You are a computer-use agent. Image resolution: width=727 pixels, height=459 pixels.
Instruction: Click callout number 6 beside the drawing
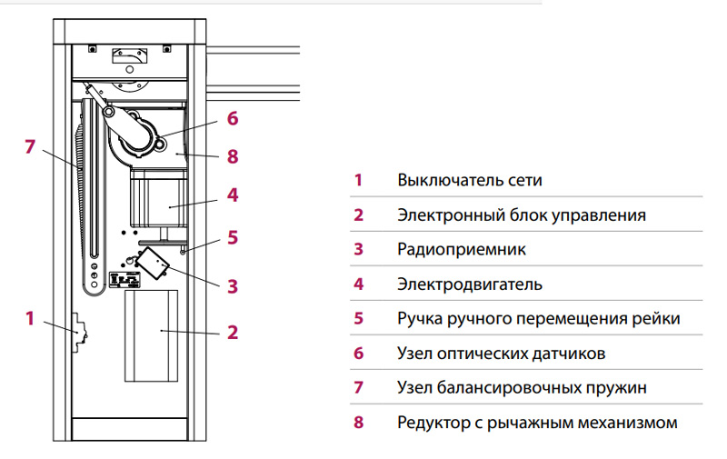pyautogui.click(x=233, y=118)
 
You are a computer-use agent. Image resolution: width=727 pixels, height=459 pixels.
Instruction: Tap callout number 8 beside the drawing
pyautogui.click(x=233, y=156)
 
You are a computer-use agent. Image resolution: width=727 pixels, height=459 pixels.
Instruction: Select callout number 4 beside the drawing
pyautogui.click(x=233, y=195)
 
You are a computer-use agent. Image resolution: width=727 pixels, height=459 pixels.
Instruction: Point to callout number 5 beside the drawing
pyautogui.click(x=233, y=237)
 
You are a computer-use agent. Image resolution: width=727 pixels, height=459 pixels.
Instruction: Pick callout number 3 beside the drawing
pyautogui.click(x=233, y=286)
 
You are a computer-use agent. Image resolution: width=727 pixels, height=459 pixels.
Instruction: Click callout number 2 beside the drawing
pyautogui.click(x=233, y=332)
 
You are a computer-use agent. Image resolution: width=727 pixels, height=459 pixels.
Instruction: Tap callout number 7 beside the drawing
pyautogui.click(x=30, y=146)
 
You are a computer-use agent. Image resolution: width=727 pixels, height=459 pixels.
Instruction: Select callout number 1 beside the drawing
pyautogui.click(x=30, y=318)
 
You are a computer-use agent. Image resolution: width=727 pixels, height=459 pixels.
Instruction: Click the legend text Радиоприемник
pyautogui.click(x=462, y=249)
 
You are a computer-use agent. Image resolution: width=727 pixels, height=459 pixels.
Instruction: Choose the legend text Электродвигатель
pyautogui.click(x=470, y=284)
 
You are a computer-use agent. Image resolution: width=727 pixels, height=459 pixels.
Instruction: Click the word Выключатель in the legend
pyautogui.click(x=448, y=180)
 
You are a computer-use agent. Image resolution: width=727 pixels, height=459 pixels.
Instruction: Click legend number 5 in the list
pyautogui.click(x=358, y=318)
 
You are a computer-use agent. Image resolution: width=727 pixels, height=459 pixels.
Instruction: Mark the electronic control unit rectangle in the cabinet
pyautogui.click(x=151, y=335)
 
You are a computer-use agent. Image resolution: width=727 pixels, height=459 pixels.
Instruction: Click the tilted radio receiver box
pyautogui.click(x=152, y=263)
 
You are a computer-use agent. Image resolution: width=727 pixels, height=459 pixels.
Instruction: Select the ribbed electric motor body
pyautogui.click(x=158, y=198)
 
